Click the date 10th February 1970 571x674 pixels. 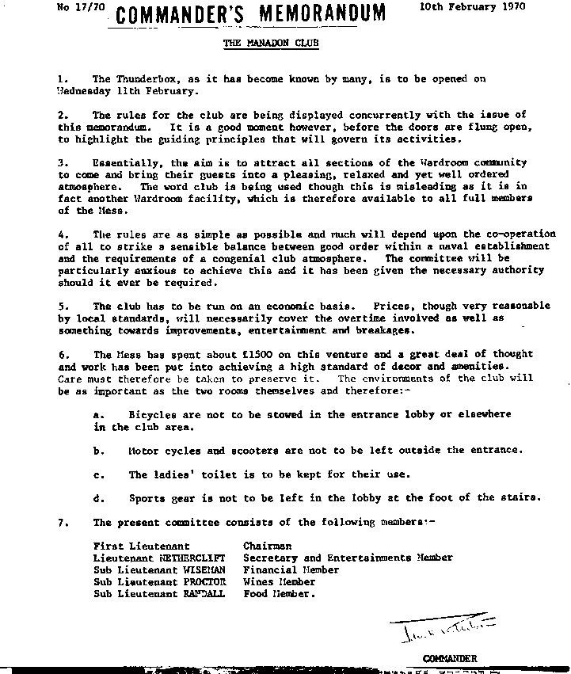click(x=468, y=6)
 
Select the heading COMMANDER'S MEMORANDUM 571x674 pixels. click(x=252, y=13)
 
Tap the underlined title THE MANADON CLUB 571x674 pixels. click(x=272, y=44)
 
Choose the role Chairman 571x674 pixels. click(x=268, y=546)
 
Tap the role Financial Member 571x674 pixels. click(x=291, y=569)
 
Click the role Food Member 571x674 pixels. click(x=279, y=593)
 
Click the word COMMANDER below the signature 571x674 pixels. click(x=450, y=657)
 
